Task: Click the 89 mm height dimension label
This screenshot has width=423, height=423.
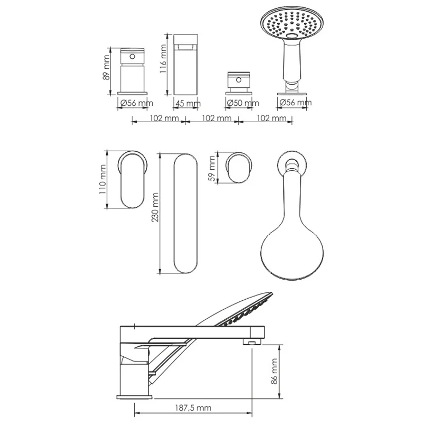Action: (107, 68)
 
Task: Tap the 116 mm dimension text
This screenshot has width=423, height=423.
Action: (163, 59)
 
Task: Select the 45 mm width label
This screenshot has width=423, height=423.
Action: (188, 104)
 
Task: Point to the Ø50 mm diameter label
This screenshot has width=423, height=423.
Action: (243, 103)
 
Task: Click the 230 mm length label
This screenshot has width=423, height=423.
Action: (155, 207)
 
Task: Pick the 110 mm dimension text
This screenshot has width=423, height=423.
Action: (103, 179)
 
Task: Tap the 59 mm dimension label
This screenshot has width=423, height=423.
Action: (213, 169)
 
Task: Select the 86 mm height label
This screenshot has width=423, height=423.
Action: (274, 371)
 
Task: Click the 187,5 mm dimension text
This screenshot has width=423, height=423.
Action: (193, 408)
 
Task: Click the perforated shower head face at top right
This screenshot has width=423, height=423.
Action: (292, 24)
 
